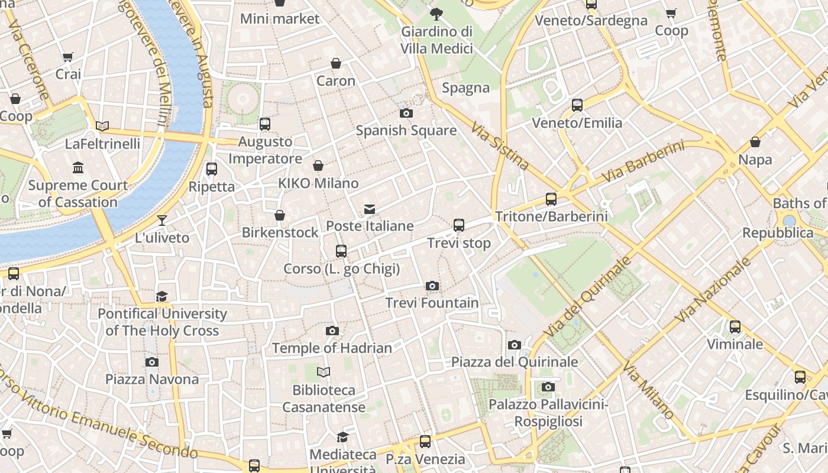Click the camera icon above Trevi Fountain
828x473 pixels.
tap(432, 286)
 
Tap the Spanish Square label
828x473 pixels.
tap(406, 131)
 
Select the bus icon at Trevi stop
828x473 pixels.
tap(459, 225)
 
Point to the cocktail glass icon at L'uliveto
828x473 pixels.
tap(162, 221)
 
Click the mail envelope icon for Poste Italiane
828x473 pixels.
tap(370, 209)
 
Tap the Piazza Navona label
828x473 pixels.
tap(152, 380)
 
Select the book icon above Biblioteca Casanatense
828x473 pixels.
tap(324, 372)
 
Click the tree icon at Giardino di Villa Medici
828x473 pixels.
tap(436, 13)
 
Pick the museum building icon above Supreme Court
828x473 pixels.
tap(78, 169)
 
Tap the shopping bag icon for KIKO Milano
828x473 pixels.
tap(318, 166)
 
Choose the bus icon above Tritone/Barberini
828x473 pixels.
tap(551, 199)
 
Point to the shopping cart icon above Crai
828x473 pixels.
tap(68, 57)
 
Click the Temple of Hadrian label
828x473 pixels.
tap(332, 348)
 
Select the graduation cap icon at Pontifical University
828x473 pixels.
tap(162, 296)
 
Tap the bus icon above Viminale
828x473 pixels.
tap(735, 327)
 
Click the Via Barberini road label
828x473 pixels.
tap(643, 161)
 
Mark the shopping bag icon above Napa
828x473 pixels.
tap(755, 142)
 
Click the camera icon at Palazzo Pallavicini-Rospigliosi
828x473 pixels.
tap(548, 387)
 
